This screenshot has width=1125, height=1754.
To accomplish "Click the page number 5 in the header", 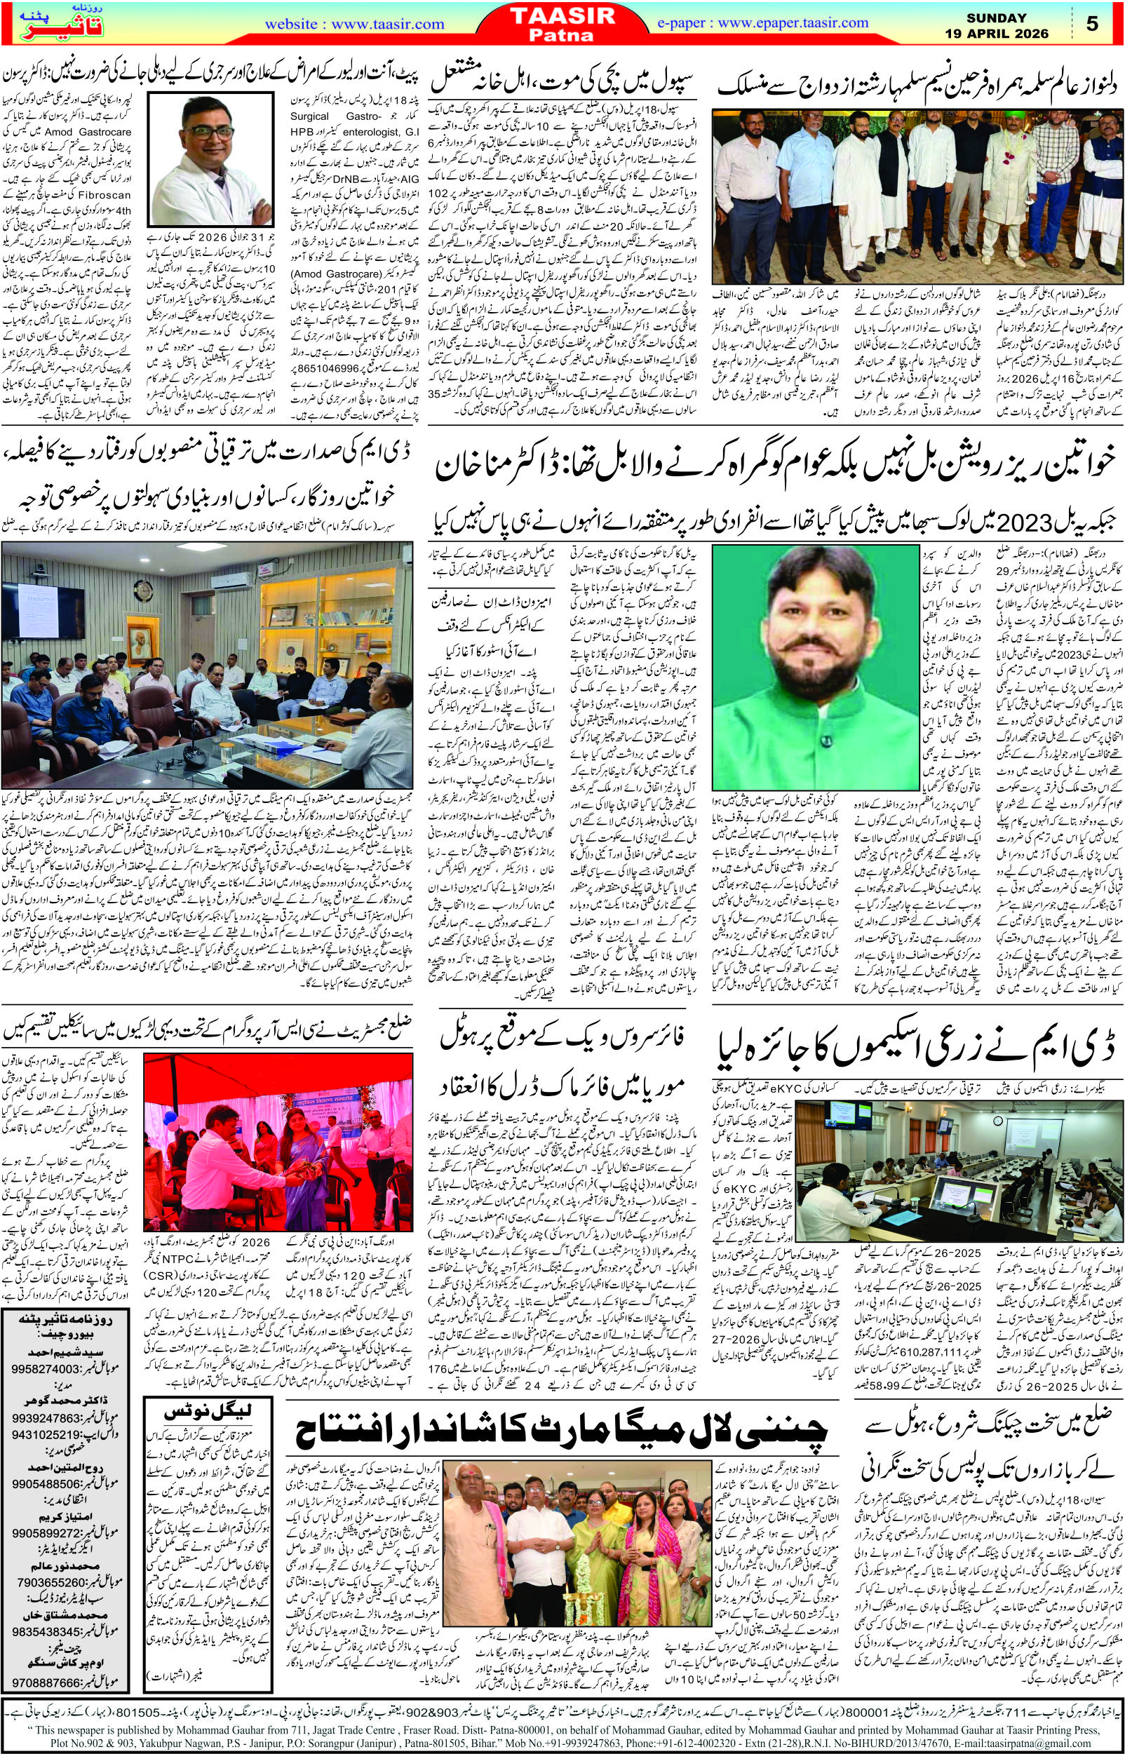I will point(1092,24).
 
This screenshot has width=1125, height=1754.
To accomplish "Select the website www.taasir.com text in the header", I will point(342,24).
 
